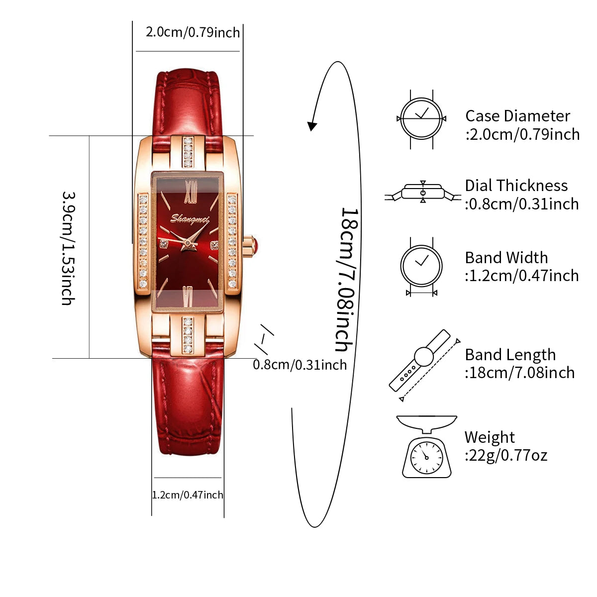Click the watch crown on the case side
tap(250, 246)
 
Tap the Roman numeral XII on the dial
tap(191, 192)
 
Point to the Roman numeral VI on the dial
tap(188, 297)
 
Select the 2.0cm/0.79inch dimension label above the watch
tap(193, 32)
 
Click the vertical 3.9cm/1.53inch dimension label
tap(68, 248)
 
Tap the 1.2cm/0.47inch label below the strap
tap(188, 495)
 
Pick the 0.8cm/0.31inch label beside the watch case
tap(299, 365)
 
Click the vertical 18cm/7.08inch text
tap(347, 280)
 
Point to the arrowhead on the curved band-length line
tap(311, 126)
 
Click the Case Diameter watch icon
tap(421, 119)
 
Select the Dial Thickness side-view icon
tap(423, 193)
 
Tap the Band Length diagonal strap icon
tap(423, 365)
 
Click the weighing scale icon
tap(426, 446)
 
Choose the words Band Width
tap(506, 258)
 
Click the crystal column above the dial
tap(188, 153)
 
